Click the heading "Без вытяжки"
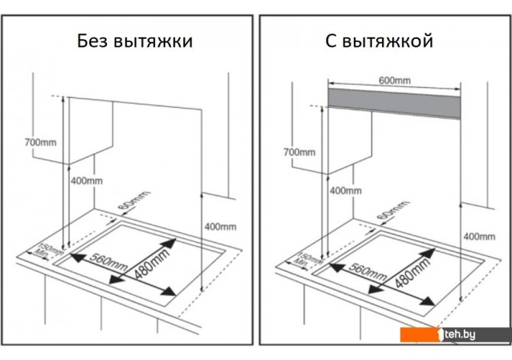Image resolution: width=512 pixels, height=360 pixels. coord(134,41)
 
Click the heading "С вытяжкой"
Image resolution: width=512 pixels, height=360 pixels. coord(379,41)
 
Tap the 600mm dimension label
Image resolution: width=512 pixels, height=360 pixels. coord(394,80)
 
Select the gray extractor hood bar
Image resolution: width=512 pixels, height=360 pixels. coord(394,103)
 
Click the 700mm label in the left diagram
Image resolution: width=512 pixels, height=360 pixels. coord(41,142)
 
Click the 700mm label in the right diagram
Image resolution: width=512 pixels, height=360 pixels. coord(300,152)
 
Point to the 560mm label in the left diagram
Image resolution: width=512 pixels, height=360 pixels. coord(109,262)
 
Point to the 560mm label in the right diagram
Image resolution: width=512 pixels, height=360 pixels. coord(368,272)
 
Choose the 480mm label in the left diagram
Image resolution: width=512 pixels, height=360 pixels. coord(152,263)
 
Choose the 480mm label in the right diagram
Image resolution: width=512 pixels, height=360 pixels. coord(412,272)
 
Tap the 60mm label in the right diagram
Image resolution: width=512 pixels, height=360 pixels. coord(393,210)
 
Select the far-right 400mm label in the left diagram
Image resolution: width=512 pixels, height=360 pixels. coord(220,227)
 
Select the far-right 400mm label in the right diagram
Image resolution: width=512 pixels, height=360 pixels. coord(479,236)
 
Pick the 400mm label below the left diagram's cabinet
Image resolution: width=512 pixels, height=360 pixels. coord(86,180)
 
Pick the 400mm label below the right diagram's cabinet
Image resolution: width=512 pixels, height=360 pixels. coord(345,190)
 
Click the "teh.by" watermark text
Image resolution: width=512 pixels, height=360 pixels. coord(459,334)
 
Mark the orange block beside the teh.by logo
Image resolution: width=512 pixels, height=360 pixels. coord(420,335)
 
